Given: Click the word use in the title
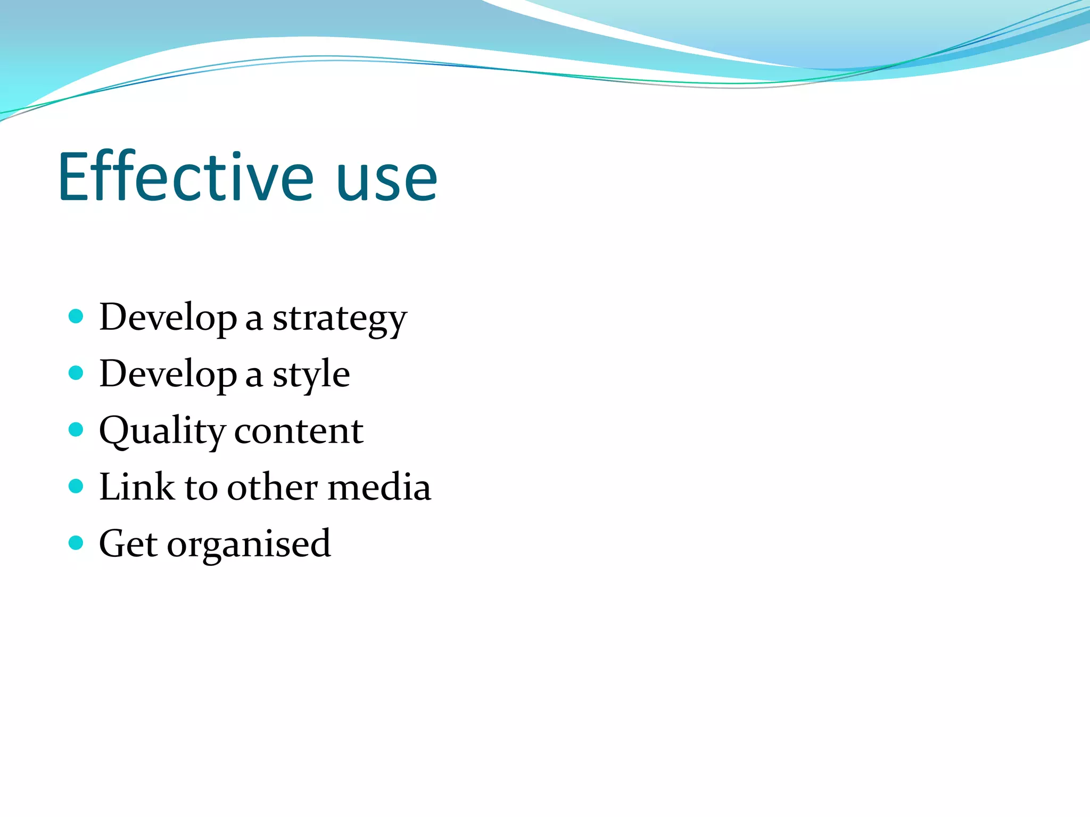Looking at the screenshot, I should pyautogui.click(x=387, y=181).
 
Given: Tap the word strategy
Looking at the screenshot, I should pyautogui.click(x=340, y=319).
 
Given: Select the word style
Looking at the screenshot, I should pyautogui.click(x=311, y=376).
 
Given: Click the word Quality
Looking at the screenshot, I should pyautogui.click(x=162, y=431).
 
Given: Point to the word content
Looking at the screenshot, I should pyautogui.click(x=299, y=431).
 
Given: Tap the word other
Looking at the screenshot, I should pyautogui.click(x=272, y=487).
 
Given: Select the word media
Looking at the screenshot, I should pyautogui.click(x=379, y=487).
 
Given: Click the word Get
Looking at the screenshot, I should pyautogui.click(x=128, y=544).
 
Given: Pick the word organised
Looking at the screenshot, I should pyautogui.click(x=249, y=546).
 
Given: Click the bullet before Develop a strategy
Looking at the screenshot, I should pyautogui.click(x=76, y=316).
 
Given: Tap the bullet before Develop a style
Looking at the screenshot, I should pyautogui.click(x=76, y=373).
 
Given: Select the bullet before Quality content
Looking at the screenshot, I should pyautogui.click(x=76, y=429).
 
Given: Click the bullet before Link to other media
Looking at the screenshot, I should pyautogui.click(x=76, y=486).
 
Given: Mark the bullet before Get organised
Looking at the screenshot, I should pyautogui.click(x=76, y=543).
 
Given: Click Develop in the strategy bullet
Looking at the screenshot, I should pyautogui.click(x=168, y=319).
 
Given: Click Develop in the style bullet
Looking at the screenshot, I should pyautogui.click(x=168, y=375).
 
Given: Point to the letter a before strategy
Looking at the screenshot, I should pyautogui.click(x=254, y=321).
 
